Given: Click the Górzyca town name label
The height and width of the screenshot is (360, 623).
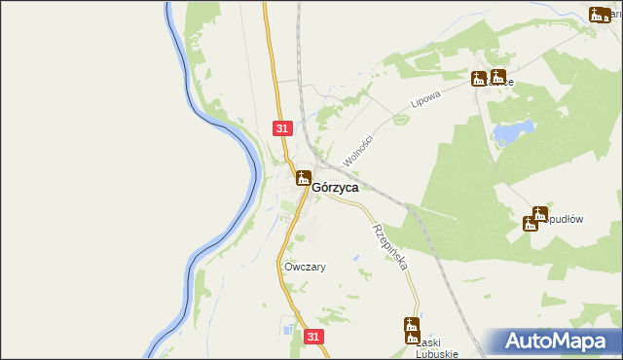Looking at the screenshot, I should click(x=335, y=187).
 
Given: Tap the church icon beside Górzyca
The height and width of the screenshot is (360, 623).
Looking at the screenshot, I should click(x=303, y=177).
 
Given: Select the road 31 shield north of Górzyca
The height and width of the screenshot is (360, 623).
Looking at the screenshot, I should click(x=281, y=128).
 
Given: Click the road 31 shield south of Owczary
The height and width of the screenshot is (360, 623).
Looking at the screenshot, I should click(x=312, y=336).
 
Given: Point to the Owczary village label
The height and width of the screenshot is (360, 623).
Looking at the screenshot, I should click(x=305, y=267).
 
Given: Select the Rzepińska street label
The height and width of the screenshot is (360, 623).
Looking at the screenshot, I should click(x=388, y=246).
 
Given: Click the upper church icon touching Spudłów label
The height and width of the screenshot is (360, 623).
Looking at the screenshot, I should click(x=540, y=214).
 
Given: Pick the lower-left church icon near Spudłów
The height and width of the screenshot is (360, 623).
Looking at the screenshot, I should click(x=530, y=224).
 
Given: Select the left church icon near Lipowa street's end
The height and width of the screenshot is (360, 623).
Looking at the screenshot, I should click(x=479, y=79).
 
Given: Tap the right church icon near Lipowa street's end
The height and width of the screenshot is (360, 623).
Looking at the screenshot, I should click(x=497, y=78).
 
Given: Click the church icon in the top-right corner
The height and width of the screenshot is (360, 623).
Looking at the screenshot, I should click(x=598, y=14).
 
